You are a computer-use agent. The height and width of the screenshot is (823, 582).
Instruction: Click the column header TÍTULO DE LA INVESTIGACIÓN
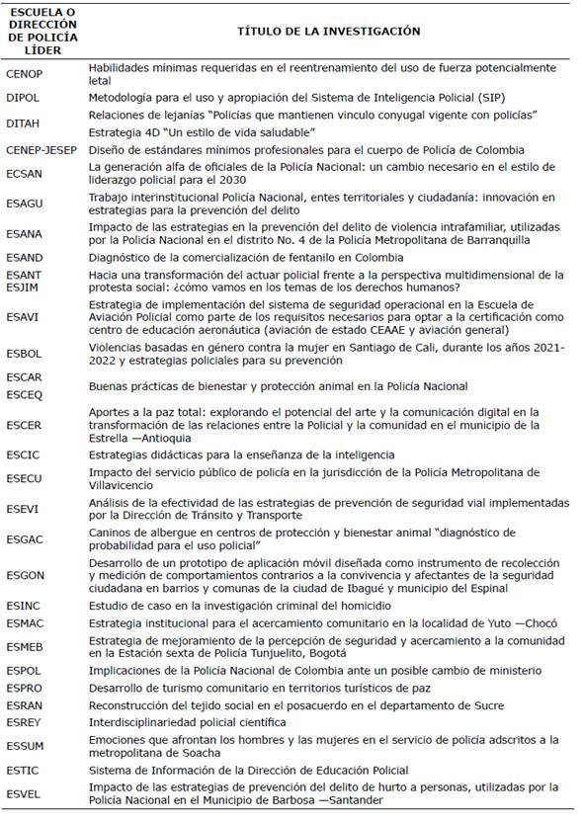[x=328, y=32]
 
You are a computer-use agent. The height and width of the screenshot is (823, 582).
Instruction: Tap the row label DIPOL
[x=23, y=97]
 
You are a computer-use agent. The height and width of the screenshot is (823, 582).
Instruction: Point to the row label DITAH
[x=23, y=123]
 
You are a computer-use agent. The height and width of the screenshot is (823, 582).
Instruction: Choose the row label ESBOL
[x=24, y=353]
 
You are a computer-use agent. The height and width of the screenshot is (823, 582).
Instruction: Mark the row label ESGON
[x=25, y=575]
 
